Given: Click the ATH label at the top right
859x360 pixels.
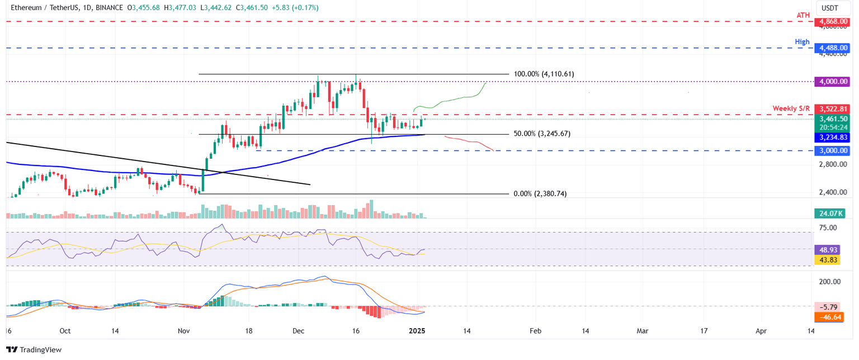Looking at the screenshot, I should (x=803, y=15).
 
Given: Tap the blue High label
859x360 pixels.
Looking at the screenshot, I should (x=803, y=42).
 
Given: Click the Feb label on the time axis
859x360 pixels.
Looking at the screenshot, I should (x=535, y=331).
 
